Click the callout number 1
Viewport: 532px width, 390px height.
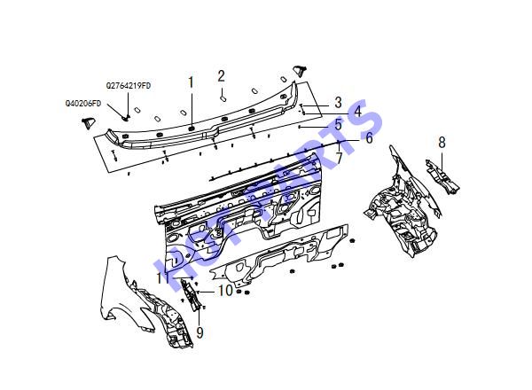(x=191, y=82)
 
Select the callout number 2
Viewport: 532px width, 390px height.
(x=221, y=76)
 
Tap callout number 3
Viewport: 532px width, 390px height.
(x=339, y=102)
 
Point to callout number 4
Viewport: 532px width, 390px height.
(x=357, y=111)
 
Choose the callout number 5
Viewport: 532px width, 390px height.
(x=338, y=124)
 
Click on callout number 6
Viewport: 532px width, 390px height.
(x=369, y=137)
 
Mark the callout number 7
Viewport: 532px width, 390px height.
(x=340, y=158)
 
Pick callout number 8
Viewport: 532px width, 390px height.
(x=442, y=143)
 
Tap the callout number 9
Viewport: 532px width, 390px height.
(x=199, y=332)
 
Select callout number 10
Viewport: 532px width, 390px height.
(x=225, y=291)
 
